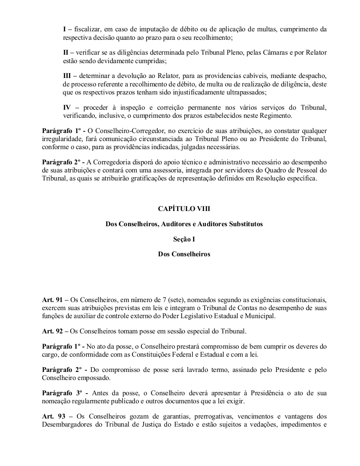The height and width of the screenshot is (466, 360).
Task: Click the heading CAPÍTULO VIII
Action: (184, 208)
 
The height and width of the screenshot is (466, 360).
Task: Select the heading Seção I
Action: (184, 239)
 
